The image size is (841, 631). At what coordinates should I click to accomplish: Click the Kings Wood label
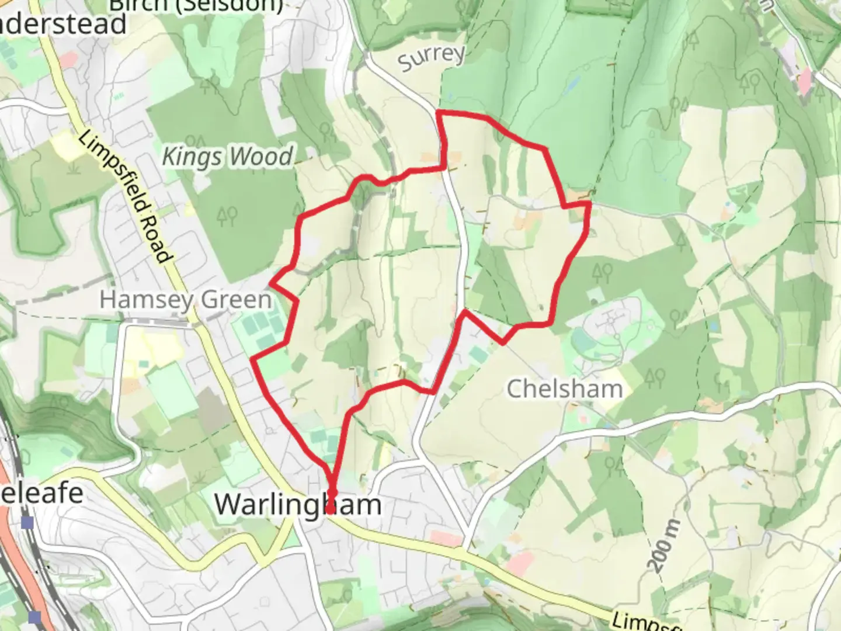[227, 157]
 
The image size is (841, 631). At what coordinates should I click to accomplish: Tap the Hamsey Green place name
[186, 300]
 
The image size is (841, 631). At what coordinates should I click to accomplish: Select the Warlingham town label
[298, 504]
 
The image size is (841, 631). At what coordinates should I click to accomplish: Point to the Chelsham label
[564, 389]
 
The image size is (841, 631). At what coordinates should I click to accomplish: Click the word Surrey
[432, 57]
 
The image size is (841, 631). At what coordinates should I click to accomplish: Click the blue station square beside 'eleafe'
[27, 522]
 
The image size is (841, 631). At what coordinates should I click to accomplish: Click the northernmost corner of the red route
[439, 111]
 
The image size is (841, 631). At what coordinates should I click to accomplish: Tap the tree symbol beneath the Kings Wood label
[227, 216]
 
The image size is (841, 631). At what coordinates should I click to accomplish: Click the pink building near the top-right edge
[805, 81]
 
